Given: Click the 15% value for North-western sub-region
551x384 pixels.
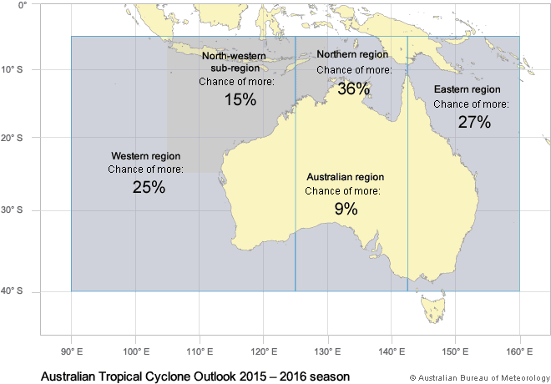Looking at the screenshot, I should pyautogui.click(x=240, y=99).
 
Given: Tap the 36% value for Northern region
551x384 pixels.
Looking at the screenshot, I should pyautogui.click(x=354, y=88).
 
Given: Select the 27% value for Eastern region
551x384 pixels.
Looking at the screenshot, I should pyautogui.click(x=474, y=121).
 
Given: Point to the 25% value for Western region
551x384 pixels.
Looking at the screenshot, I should pyautogui.click(x=149, y=187).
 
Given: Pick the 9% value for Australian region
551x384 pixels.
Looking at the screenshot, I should pyautogui.click(x=346, y=209).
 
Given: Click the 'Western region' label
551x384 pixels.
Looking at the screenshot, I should pyautogui.click(x=146, y=156).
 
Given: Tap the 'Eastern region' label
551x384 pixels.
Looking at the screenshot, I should pyautogui.click(x=468, y=89).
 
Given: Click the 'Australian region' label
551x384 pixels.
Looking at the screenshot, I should pyautogui.click(x=345, y=178).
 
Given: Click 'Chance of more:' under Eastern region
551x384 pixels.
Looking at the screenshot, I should pyautogui.click(x=471, y=104).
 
